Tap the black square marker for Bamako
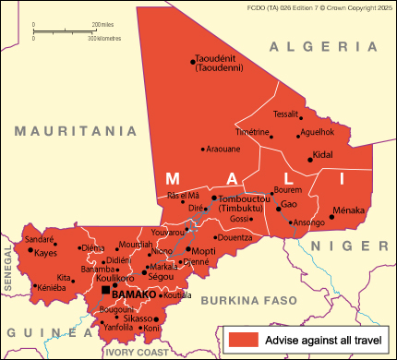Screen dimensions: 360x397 (105, 291)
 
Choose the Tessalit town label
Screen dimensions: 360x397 (286, 114)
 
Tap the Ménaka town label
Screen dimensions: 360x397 (349, 210)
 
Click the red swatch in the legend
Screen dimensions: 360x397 (243, 340)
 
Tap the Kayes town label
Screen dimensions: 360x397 (46, 252)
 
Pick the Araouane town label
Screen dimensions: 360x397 (223, 149)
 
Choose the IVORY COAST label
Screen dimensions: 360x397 (138, 352)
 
